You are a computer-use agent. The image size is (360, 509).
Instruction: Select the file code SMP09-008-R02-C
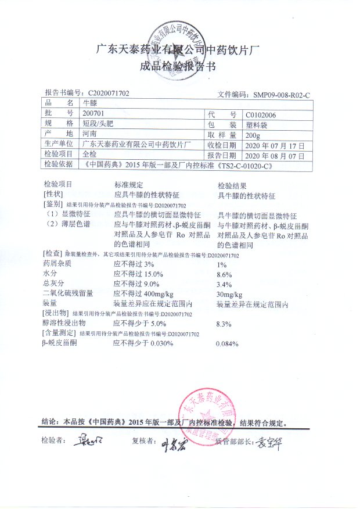tap(280, 94)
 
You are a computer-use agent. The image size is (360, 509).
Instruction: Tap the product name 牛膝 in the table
tap(90, 103)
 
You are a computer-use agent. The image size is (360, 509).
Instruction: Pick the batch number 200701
tap(95, 113)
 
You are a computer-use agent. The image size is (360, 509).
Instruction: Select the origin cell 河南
tap(90, 134)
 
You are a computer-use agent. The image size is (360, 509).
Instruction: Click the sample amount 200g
tap(254, 134)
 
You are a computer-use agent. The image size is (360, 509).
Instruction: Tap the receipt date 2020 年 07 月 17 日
tap(275, 145)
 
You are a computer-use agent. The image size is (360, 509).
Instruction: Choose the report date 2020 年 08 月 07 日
tap(275, 155)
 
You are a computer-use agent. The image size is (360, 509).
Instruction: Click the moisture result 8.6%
tap(224, 274)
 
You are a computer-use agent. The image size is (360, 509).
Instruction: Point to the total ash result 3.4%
tap(224, 284)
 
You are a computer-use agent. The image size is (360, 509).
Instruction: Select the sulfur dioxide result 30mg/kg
tap(229, 294)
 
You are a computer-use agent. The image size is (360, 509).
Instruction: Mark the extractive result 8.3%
tap(224, 323)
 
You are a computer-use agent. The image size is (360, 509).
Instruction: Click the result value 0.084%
tap(227, 344)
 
